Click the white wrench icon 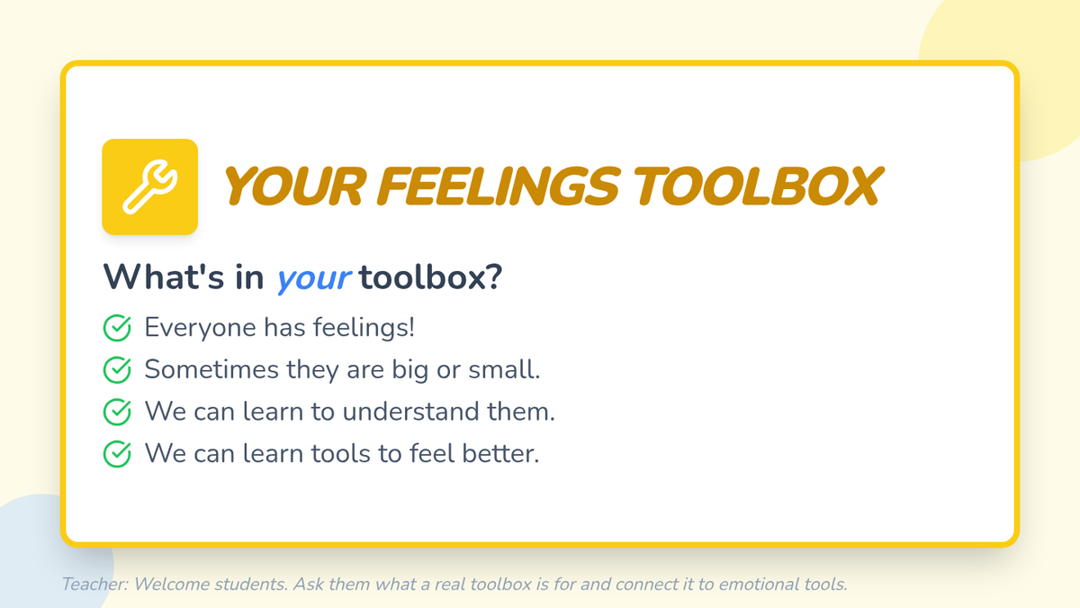tap(150, 187)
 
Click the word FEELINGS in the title tap(498, 186)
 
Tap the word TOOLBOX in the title tap(757, 186)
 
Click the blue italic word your tap(313, 279)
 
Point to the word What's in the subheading tap(164, 277)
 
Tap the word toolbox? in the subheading tap(430, 277)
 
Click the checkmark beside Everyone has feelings tap(117, 328)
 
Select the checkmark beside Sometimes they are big tap(117, 370)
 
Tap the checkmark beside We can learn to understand tap(117, 413)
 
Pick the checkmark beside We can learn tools tap(117, 454)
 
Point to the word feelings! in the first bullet tap(364, 327)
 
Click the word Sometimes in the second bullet tap(211, 369)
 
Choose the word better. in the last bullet tap(500, 454)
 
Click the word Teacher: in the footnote tap(95, 585)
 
